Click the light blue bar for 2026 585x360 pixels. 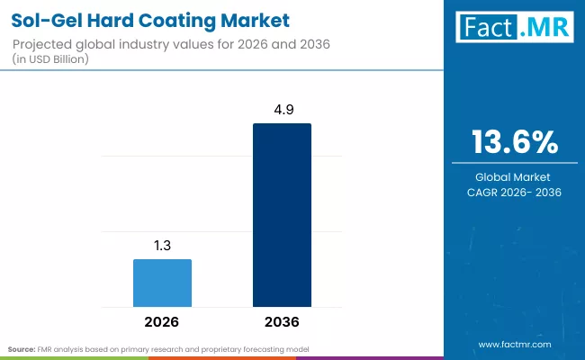162,283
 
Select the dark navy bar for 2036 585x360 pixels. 282,215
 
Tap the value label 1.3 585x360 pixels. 162,245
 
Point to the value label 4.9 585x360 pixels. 282,109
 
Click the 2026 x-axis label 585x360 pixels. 162,321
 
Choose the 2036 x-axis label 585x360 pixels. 282,321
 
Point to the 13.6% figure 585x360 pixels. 515,143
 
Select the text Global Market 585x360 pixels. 515,177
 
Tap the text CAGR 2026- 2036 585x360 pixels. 515,193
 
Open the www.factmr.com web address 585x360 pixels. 515,344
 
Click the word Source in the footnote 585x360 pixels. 22,347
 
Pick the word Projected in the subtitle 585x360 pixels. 43,44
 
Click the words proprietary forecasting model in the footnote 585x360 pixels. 275,347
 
